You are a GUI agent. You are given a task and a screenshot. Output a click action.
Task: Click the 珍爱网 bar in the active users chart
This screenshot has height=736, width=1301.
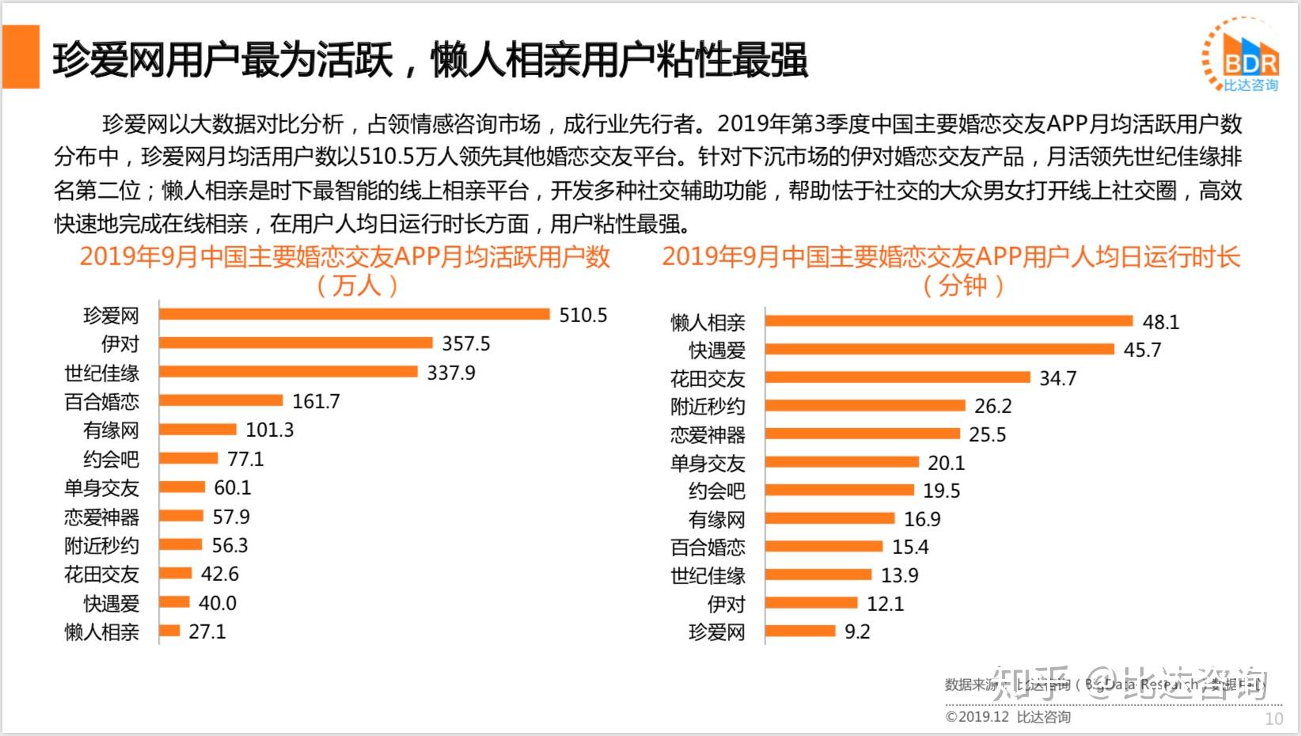point(354,314)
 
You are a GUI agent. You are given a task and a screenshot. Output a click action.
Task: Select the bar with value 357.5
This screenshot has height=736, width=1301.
point(295,343)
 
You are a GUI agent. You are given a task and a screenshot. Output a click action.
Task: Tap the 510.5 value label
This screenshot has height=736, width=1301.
point(583,315)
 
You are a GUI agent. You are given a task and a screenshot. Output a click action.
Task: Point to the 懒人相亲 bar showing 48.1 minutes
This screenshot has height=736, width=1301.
point(948,321)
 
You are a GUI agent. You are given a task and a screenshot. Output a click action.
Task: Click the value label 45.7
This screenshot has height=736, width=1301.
point(1142,350)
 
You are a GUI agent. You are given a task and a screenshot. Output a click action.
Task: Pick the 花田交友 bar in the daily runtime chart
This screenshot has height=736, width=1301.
point(897,377)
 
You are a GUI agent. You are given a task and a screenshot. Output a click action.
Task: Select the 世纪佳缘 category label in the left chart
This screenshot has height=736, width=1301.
point(102,373)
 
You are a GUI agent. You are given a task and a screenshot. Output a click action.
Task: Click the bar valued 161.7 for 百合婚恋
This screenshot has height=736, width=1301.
point(221,400)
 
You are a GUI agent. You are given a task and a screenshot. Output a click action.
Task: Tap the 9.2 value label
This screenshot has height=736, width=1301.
point(857,632)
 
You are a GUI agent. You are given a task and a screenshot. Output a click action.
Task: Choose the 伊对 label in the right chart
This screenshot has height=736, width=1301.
point(726,604)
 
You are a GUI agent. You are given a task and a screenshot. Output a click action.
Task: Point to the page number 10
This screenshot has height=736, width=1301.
point(1273,719)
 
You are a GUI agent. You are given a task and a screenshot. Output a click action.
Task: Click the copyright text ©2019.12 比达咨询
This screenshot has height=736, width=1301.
point(1007,717)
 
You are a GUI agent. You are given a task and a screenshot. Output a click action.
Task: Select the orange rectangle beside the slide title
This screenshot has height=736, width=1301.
point(21,56)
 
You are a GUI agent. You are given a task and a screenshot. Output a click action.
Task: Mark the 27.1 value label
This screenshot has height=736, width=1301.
point(207,632)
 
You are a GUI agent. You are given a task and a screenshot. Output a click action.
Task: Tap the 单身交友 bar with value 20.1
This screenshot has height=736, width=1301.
point(841,461)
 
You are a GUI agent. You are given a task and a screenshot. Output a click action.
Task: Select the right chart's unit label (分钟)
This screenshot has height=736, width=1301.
point(963,285)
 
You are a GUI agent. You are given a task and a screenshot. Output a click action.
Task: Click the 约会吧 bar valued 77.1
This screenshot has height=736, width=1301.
point(188,458)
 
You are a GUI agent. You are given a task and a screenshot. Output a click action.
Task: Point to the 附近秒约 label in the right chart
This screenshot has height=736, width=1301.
point(707,406)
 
